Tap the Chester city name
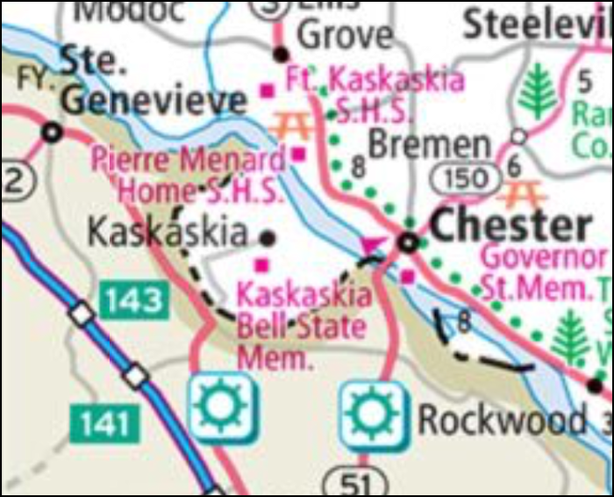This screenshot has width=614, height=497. tap(511, 227)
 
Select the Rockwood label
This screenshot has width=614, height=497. tap(502, 421)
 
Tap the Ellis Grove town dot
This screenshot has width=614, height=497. tap(281, 54)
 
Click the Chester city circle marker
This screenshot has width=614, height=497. tap(407, 241)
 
